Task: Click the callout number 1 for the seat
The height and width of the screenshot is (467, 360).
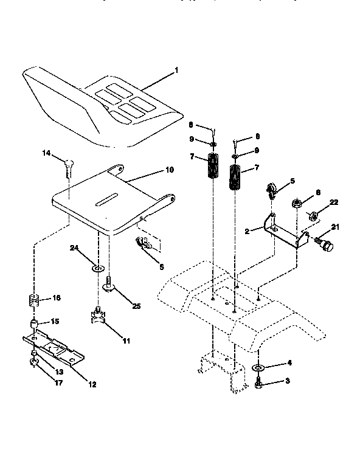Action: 176,70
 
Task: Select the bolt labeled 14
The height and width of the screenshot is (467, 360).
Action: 67,166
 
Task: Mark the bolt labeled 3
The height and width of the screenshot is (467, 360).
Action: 258,384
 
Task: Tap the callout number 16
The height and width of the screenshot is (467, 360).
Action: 57,298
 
